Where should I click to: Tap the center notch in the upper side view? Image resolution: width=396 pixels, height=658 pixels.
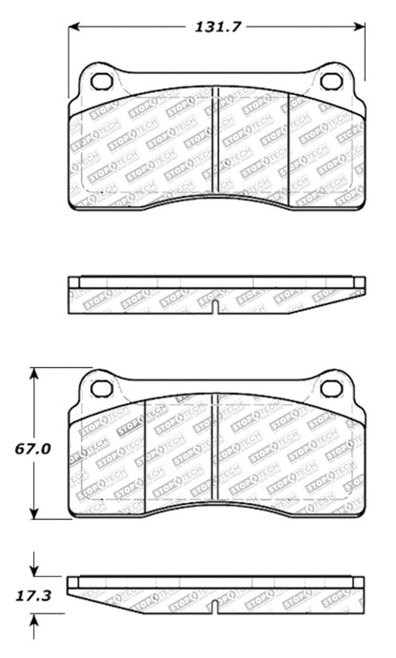[217, 306]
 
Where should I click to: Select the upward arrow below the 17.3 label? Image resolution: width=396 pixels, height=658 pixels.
[36, 623]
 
